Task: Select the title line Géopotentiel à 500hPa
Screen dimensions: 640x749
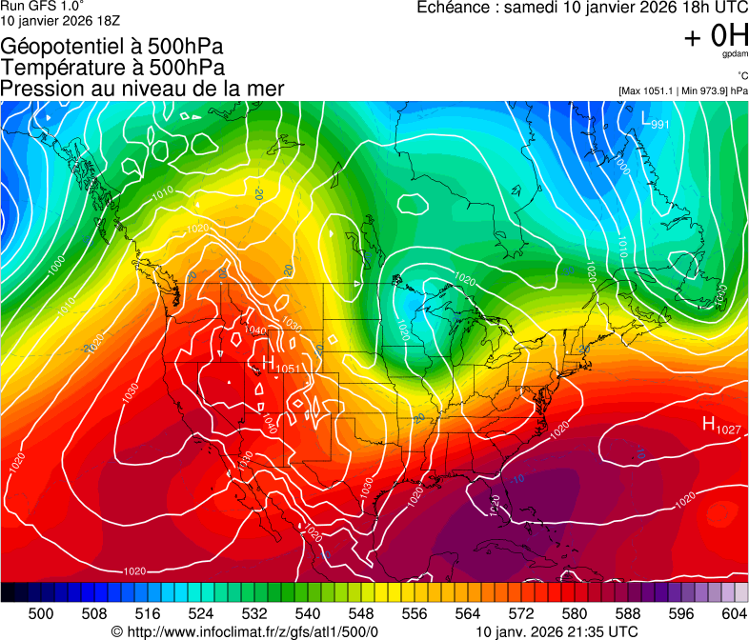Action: [112, 47]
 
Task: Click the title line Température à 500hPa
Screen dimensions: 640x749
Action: [112, 68]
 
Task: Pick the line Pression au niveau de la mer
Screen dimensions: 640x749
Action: [142, 89]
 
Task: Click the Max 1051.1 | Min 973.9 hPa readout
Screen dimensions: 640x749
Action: [683, 90]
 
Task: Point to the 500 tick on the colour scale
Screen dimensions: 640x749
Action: [41, 612]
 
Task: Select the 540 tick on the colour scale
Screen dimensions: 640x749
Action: [308, 612]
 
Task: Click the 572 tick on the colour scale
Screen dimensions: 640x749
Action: [521, 612]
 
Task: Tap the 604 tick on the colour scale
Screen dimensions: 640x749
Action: [733, 612]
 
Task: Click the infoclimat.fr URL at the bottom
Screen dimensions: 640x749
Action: [246, 631]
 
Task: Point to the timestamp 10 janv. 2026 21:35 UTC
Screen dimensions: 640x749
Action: [557, 631]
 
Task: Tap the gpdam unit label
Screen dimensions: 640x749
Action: [737, 55]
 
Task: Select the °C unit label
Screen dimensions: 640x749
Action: [741, 75]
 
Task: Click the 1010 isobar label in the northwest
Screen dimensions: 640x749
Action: [162, 193]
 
